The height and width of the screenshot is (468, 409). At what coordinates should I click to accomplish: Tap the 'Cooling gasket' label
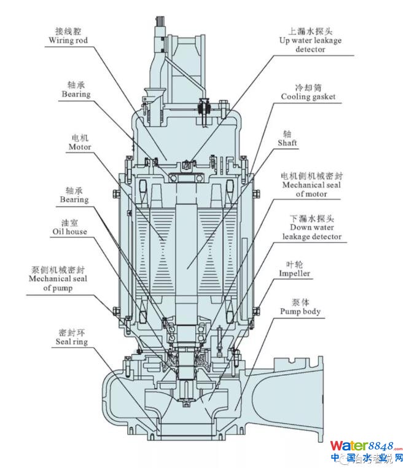click(x=308, y=97)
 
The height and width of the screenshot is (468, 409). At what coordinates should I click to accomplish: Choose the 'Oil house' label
click(x=69, y=232)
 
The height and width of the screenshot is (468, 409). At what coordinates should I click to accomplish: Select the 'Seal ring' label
click(x=72, y=341)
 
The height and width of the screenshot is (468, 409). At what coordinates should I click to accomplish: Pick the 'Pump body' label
click(x=300, y=312)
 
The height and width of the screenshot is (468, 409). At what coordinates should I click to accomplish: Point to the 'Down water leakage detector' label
click(x=312, y=232)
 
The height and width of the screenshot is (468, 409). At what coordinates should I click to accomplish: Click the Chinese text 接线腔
click(x=68, y=31)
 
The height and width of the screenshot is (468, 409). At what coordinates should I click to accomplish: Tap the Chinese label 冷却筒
click(x=307, y=87)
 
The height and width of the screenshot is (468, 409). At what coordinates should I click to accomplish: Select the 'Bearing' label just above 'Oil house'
click(x=74, y=199)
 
